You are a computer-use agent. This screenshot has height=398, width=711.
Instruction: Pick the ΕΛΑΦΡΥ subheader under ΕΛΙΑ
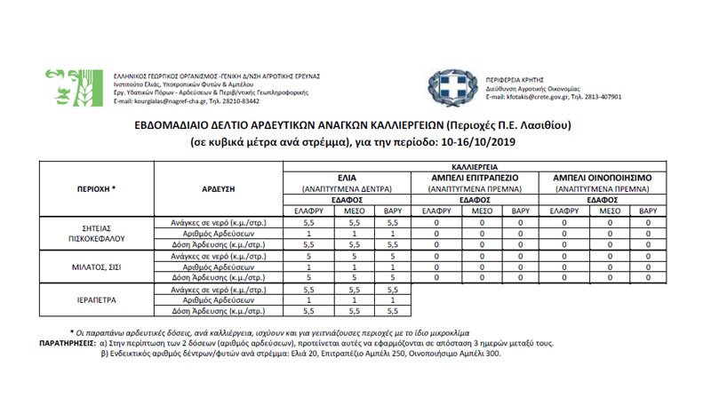click(x=309, y=211)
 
